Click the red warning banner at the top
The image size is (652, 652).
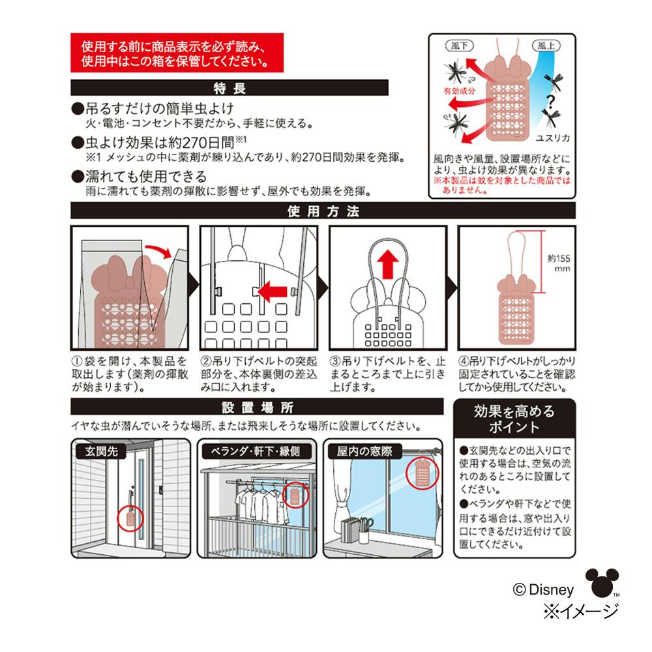177,53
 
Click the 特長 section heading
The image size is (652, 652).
230,88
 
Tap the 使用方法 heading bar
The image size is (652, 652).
323,211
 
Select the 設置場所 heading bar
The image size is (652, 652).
257,407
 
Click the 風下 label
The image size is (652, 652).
460,46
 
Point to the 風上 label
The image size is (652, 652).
546,46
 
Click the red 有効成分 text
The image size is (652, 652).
459,91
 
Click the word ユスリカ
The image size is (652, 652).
552,138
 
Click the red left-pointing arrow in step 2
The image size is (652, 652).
272,291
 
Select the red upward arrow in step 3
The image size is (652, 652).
387,265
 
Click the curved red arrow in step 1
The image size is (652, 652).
158,250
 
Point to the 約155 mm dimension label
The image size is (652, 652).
559,263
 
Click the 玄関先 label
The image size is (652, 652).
101,451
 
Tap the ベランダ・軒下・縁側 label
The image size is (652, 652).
255,451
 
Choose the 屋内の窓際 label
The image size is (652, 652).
364,451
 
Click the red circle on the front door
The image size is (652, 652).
130,518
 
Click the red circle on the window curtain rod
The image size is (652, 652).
422,473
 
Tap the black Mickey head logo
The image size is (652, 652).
602,582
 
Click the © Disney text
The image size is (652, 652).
543,589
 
